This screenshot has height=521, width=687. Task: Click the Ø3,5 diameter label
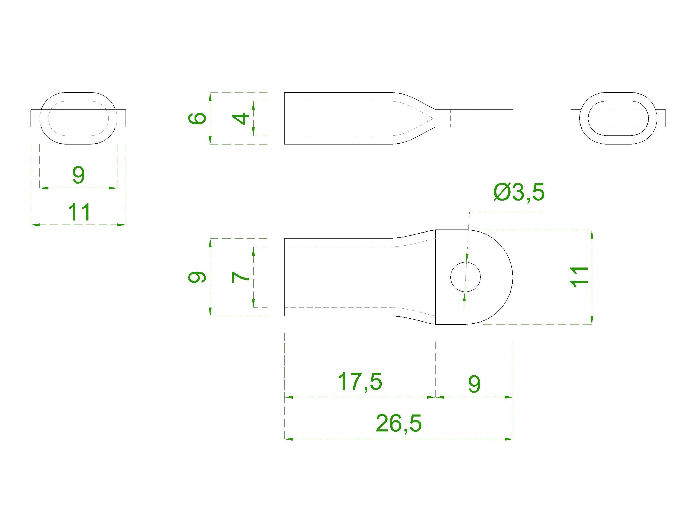(519, 192)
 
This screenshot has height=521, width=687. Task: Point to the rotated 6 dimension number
(197, 118)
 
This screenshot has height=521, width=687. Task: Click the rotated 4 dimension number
(241, 118)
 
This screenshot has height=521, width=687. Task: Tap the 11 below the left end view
(79, 212)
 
